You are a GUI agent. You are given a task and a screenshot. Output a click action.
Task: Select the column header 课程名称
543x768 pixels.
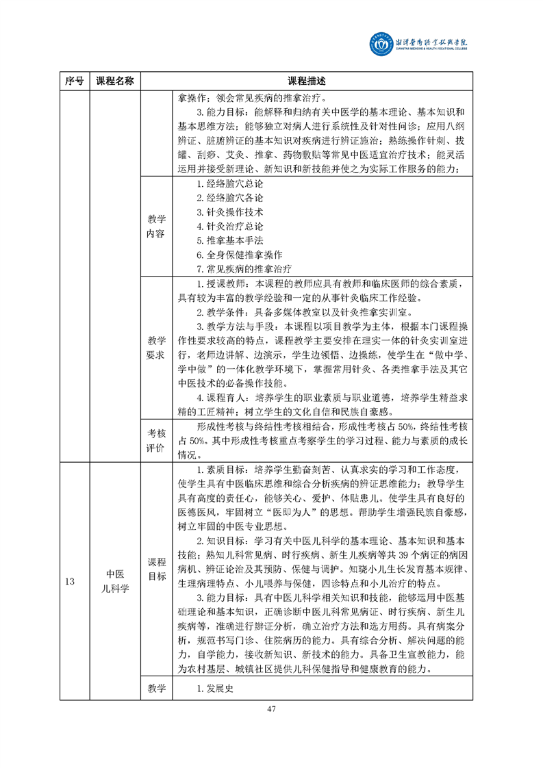tap(114, 81)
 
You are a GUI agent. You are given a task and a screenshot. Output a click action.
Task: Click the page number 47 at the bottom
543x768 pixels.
tap(271, 728)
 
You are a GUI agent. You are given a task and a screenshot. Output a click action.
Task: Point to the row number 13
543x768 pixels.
tap(69, 582)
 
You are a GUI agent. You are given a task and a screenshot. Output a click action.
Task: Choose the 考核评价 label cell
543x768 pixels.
tap(157, 441)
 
